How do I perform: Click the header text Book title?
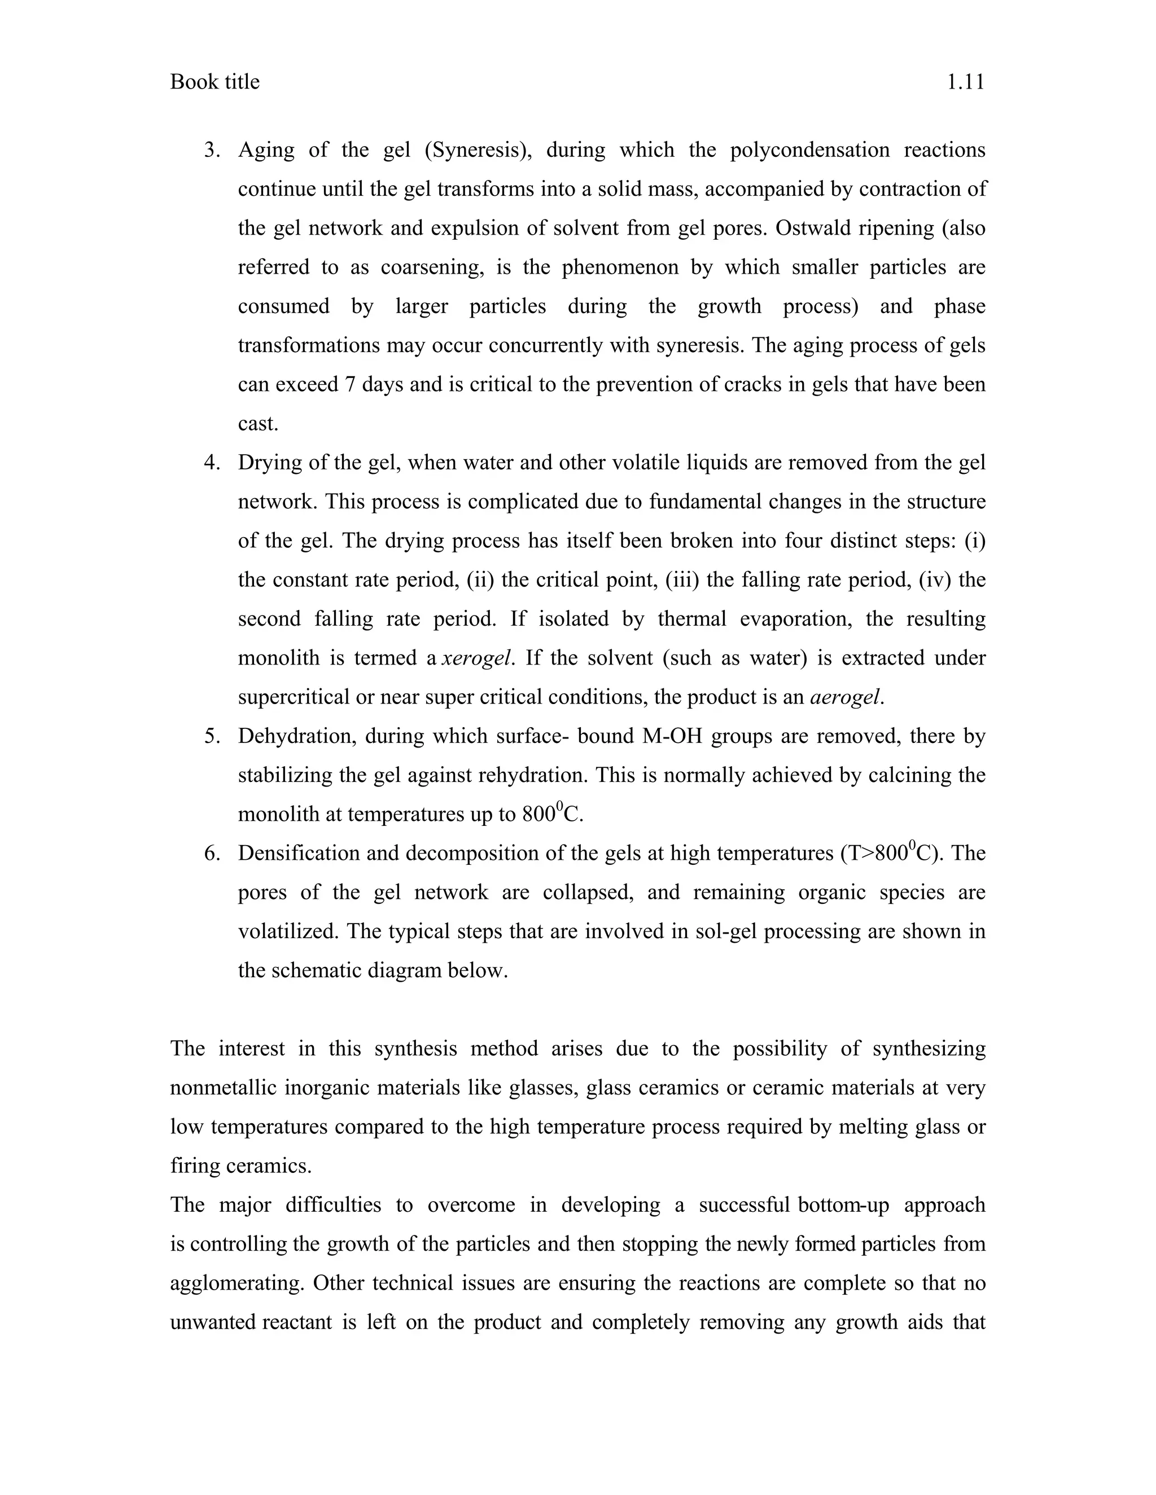click(x=214, y=82)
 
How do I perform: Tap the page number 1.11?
click(x=966, y=82)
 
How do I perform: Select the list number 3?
click(x=212, y=150)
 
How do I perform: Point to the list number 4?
click(x=212, y=463)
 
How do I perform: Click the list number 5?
click(x=212, y=737)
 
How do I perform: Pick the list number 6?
click(x=212, y=854)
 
